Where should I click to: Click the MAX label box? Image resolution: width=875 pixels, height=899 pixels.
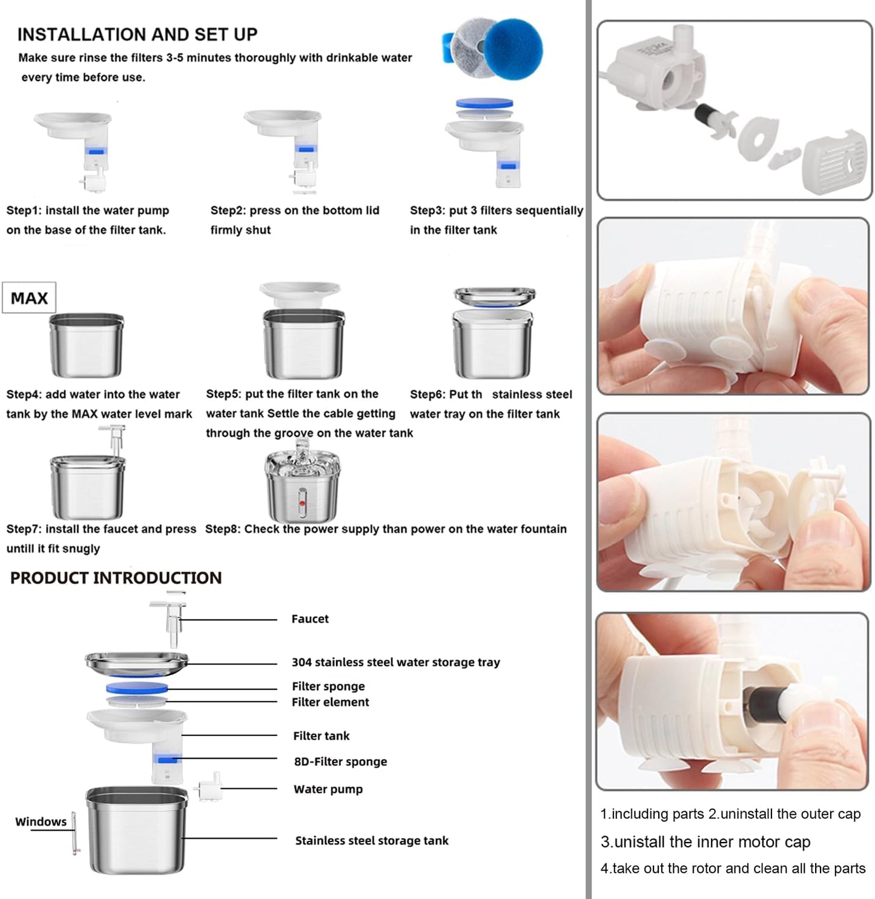click(28, 297)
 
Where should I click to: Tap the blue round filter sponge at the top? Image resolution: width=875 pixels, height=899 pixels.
click(513, 48)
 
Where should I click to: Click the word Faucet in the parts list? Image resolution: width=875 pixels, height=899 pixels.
click(310, 619)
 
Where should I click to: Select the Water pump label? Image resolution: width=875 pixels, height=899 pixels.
click(328, 789)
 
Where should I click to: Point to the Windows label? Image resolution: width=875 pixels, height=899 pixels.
click(41, 821)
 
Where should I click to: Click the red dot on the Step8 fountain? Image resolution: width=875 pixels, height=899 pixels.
click(302, 503)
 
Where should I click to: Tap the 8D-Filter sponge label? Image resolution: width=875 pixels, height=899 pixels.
click(340, 761)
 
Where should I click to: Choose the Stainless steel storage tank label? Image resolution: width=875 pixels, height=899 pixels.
click(372, 840)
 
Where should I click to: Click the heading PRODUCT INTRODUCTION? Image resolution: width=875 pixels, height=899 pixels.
click(116, 577)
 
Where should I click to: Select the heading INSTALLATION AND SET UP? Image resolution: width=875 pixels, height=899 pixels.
click(137, 35)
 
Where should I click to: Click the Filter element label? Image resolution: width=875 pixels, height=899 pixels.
click(330, 702)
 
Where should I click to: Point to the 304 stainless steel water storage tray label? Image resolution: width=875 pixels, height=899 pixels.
click(395, 662)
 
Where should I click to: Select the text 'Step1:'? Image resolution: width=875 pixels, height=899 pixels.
click(24, 210)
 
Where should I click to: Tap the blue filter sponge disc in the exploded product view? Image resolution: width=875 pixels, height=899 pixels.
click(137, 688)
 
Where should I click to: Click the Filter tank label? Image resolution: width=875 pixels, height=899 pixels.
click(322, 736)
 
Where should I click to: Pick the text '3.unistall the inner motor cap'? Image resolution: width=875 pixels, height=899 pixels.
click(705, 841)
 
